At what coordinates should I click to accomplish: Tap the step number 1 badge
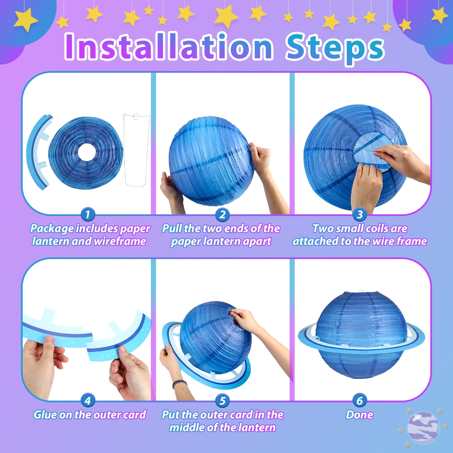pos(88,214)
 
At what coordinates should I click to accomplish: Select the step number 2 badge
pos(223,214)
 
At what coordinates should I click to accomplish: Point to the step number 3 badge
pos(360,214)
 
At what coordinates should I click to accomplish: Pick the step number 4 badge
pos(88,400)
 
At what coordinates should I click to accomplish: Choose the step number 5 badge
pos(223,400)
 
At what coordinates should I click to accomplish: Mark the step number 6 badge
pos(360,400)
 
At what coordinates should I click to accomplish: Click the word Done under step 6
pos(360,415)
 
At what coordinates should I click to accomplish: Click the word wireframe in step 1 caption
pos(120,241)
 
